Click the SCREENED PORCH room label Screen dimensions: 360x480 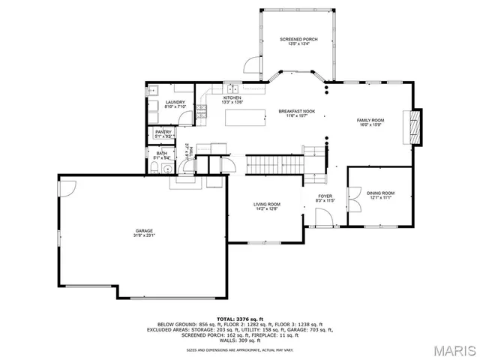point(298,38)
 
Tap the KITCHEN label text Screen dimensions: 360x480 point(232,98)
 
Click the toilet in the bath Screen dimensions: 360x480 point(152,170)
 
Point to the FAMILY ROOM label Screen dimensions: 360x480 point(370,121)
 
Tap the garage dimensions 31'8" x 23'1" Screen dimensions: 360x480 point(144,235)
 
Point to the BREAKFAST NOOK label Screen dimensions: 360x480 point(297,111)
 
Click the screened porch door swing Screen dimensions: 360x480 point(252,67)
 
